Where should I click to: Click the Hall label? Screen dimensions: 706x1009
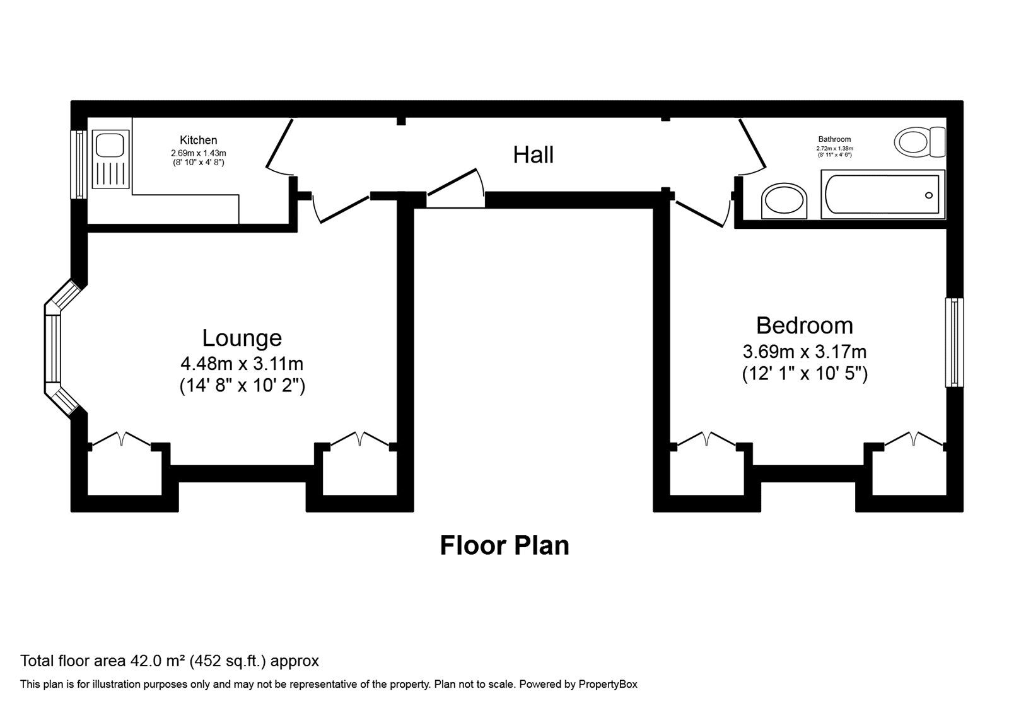click(x=533, y=155)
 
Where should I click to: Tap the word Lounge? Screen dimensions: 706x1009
click(x=242, y=339)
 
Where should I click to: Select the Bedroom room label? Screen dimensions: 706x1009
click(x=804, y=326)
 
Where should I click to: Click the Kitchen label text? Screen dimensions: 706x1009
click(x=198, y=140)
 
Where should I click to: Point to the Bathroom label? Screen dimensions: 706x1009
click(x=834, y=139)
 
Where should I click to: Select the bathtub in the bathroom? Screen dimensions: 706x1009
click(x=882, y=195)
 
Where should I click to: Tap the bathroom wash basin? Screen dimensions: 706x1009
click(x=784, y=201)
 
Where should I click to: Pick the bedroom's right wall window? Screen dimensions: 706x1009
click(x=955, y=342)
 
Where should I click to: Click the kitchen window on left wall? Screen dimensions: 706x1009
click(x=78, y=165)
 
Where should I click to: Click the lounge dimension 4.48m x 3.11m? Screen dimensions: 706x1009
click(x=242, y=364)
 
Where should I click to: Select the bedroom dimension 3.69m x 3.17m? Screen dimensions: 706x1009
click(x=804, y=351)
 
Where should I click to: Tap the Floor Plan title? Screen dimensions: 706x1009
click(x=504, y=545)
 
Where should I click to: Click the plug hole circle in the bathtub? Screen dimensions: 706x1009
click(x=928, y=195)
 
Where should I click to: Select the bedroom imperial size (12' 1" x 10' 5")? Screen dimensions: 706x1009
click(x=804, y=374)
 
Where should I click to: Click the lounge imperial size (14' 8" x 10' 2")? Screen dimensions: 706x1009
click(x=242, y=386)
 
